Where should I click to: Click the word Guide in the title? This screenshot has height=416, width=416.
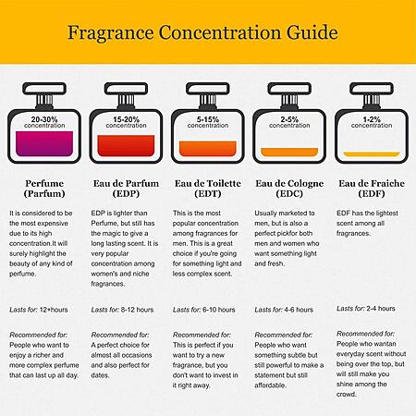pyautogui.click(x=312, y=33)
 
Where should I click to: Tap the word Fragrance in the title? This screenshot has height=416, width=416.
pyautogui.click(x=111, y=33)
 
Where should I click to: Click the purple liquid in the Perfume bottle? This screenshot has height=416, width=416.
pyautogui.click(x=44, y=143)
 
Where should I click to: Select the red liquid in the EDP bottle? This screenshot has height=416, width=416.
pyautogui.click(x=126, y=145)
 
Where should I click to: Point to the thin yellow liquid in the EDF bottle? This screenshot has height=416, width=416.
pyautogui.click(x=372, y=154)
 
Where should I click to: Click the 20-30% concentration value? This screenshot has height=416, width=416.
pyautogui.click(x=44, y=119)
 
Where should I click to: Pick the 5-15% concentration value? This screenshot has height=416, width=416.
pyautogui.click(x=208, y=119)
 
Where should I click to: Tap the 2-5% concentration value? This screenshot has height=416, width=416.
pyautogui.click(x=289, y=119)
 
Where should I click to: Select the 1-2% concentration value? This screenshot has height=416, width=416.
pyautogui.click(x=372, y=119)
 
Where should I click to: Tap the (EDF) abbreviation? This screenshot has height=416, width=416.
pyautogui.click(x=372, y=193)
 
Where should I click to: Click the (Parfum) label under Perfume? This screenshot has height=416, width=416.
pyautogui.click(x=44, y=193)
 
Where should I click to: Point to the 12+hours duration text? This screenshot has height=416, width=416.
pyautogui.click(x=54, y=310)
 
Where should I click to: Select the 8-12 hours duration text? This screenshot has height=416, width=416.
pyautogui.click(x=138, y=310)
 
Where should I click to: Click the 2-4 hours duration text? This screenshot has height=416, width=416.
pyautogui.click(x=381, y=309)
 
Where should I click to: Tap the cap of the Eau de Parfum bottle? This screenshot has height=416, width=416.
pyautogui.click(x=126, y=89)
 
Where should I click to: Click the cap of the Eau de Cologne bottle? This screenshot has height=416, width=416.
pyautogui.click(x=289, y=89)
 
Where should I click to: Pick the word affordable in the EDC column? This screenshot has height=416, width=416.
pyautogui.click(x=270, y=385)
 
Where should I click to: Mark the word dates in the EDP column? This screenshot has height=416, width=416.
pyautogui.click(x=100, y=375)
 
